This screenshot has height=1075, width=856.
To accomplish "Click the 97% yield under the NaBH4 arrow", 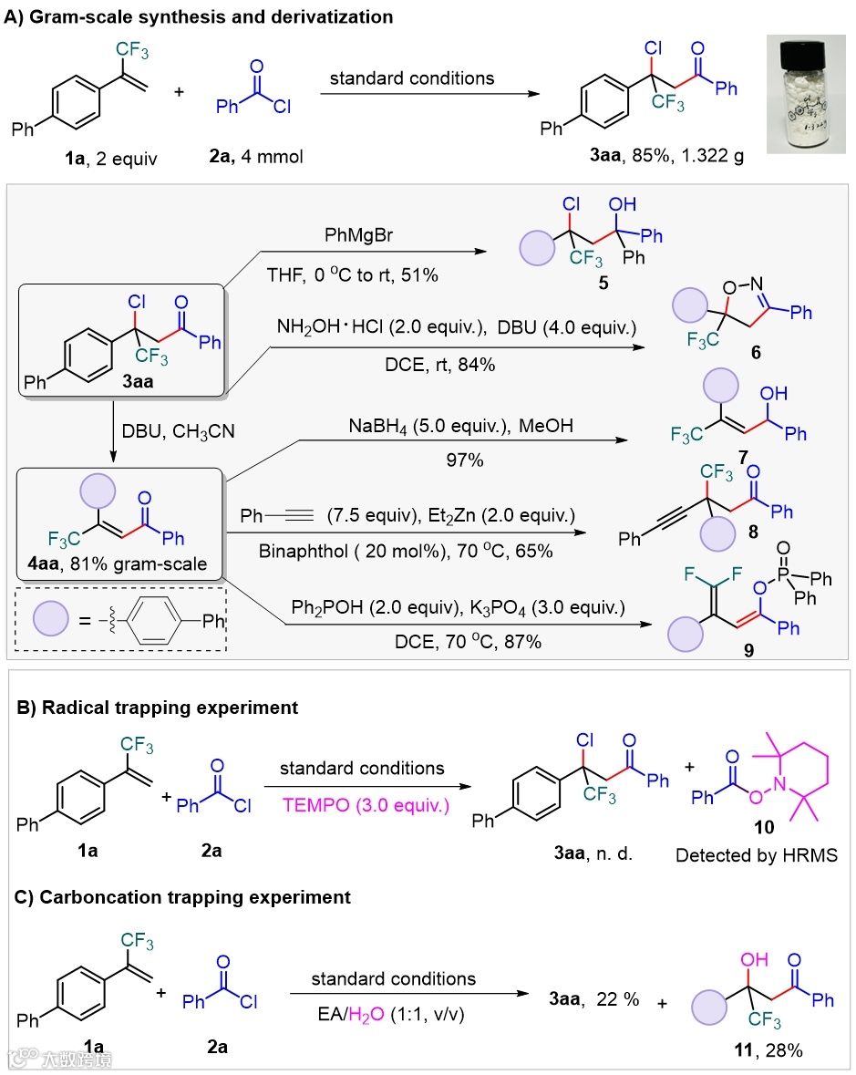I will pyautogui.click(x=465, y=460).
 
